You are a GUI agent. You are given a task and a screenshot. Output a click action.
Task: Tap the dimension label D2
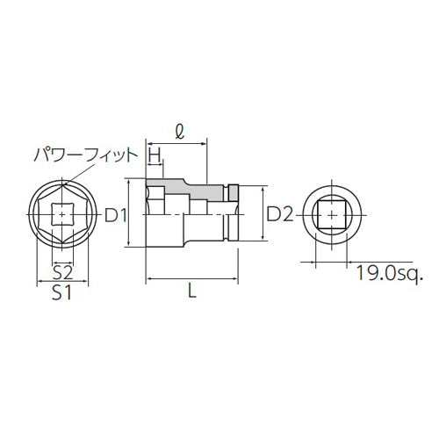278,214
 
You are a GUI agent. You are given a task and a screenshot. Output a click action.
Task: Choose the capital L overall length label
192,294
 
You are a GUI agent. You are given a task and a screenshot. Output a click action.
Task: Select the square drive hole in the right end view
331,213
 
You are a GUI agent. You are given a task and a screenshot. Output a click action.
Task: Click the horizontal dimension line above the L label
192,279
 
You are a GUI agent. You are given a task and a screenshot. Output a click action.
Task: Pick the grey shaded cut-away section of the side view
189,189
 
